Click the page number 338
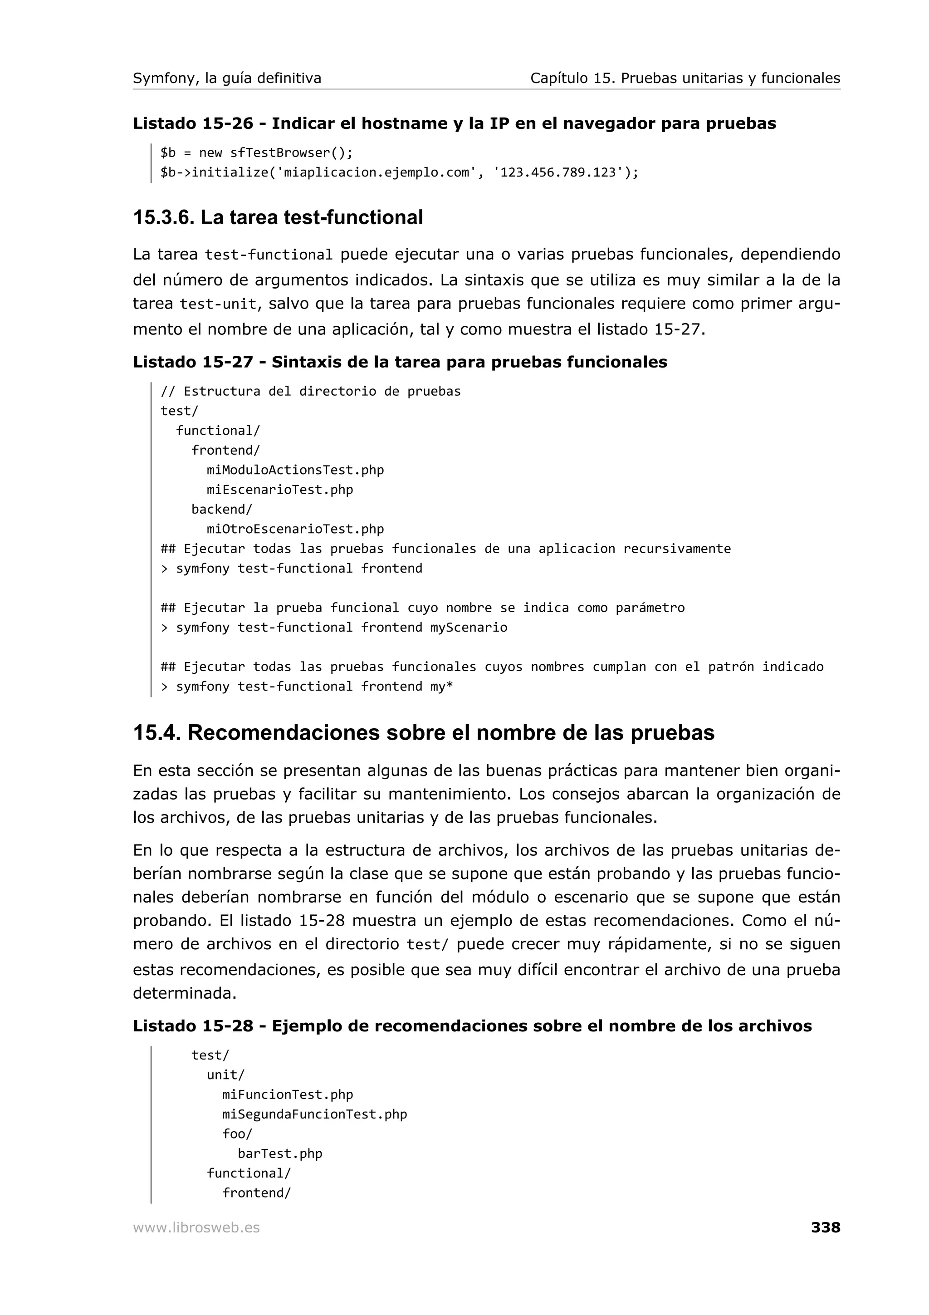tap(826, 1227)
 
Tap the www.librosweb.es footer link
tap(196, 1228)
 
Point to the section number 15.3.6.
tap(164, 218)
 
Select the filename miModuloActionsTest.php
tap(295, 470)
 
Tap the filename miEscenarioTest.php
tap(280, 490)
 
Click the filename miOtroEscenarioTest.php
tap(295, 529)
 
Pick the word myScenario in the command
tap(469, 628)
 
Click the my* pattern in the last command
tap(442, 687)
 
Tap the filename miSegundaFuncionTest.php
tap(315, 1114)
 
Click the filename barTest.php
tap(280, 1153)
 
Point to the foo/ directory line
tap(237, 1133)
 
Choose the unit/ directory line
tap(225, 1075)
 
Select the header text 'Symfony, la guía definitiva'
tap(227, 79)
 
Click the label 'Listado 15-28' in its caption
tap(193, 1026)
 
